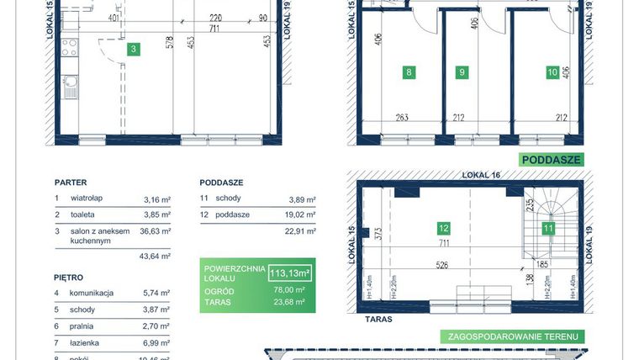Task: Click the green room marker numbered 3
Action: (x=133, y=50)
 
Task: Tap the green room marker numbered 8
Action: (x=409, y=72)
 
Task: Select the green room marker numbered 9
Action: (x=462, y=72)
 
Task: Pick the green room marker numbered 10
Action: (x=552, y=72)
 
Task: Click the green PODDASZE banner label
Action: (x=551, y=159)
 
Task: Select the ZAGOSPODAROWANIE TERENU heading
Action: (x=512, y=336)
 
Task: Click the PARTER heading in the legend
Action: (x=71, y=182)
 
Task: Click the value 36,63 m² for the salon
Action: (x=157, y=230)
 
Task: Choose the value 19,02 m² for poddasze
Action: (x=300, y=215)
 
